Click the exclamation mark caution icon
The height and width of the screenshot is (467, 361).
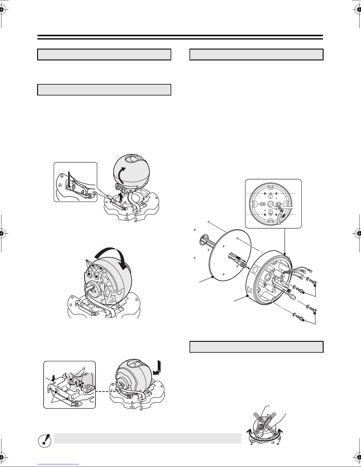(45, 441)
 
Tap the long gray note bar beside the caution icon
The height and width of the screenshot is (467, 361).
(147, 438)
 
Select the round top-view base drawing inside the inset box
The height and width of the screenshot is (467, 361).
(271, 204)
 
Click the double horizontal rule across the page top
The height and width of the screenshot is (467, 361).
(180, 37)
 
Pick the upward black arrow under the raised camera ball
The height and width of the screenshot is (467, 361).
(122, 197)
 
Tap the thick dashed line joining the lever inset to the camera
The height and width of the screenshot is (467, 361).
(109, 392)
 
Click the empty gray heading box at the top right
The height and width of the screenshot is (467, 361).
(256, 55)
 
